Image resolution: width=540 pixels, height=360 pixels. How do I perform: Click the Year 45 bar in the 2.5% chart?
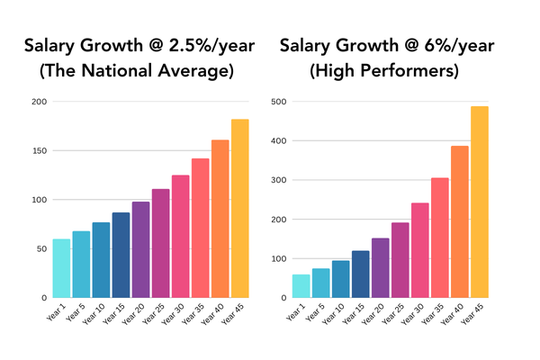point(240,209)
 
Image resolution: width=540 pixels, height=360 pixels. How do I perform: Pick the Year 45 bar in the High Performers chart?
point(479,202)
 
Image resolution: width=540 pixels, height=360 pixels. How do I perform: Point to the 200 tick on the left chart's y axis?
point(39,102)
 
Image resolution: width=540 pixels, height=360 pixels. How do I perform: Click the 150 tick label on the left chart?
point(39,150)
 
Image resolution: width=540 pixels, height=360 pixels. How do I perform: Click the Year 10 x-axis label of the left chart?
point(99,313)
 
